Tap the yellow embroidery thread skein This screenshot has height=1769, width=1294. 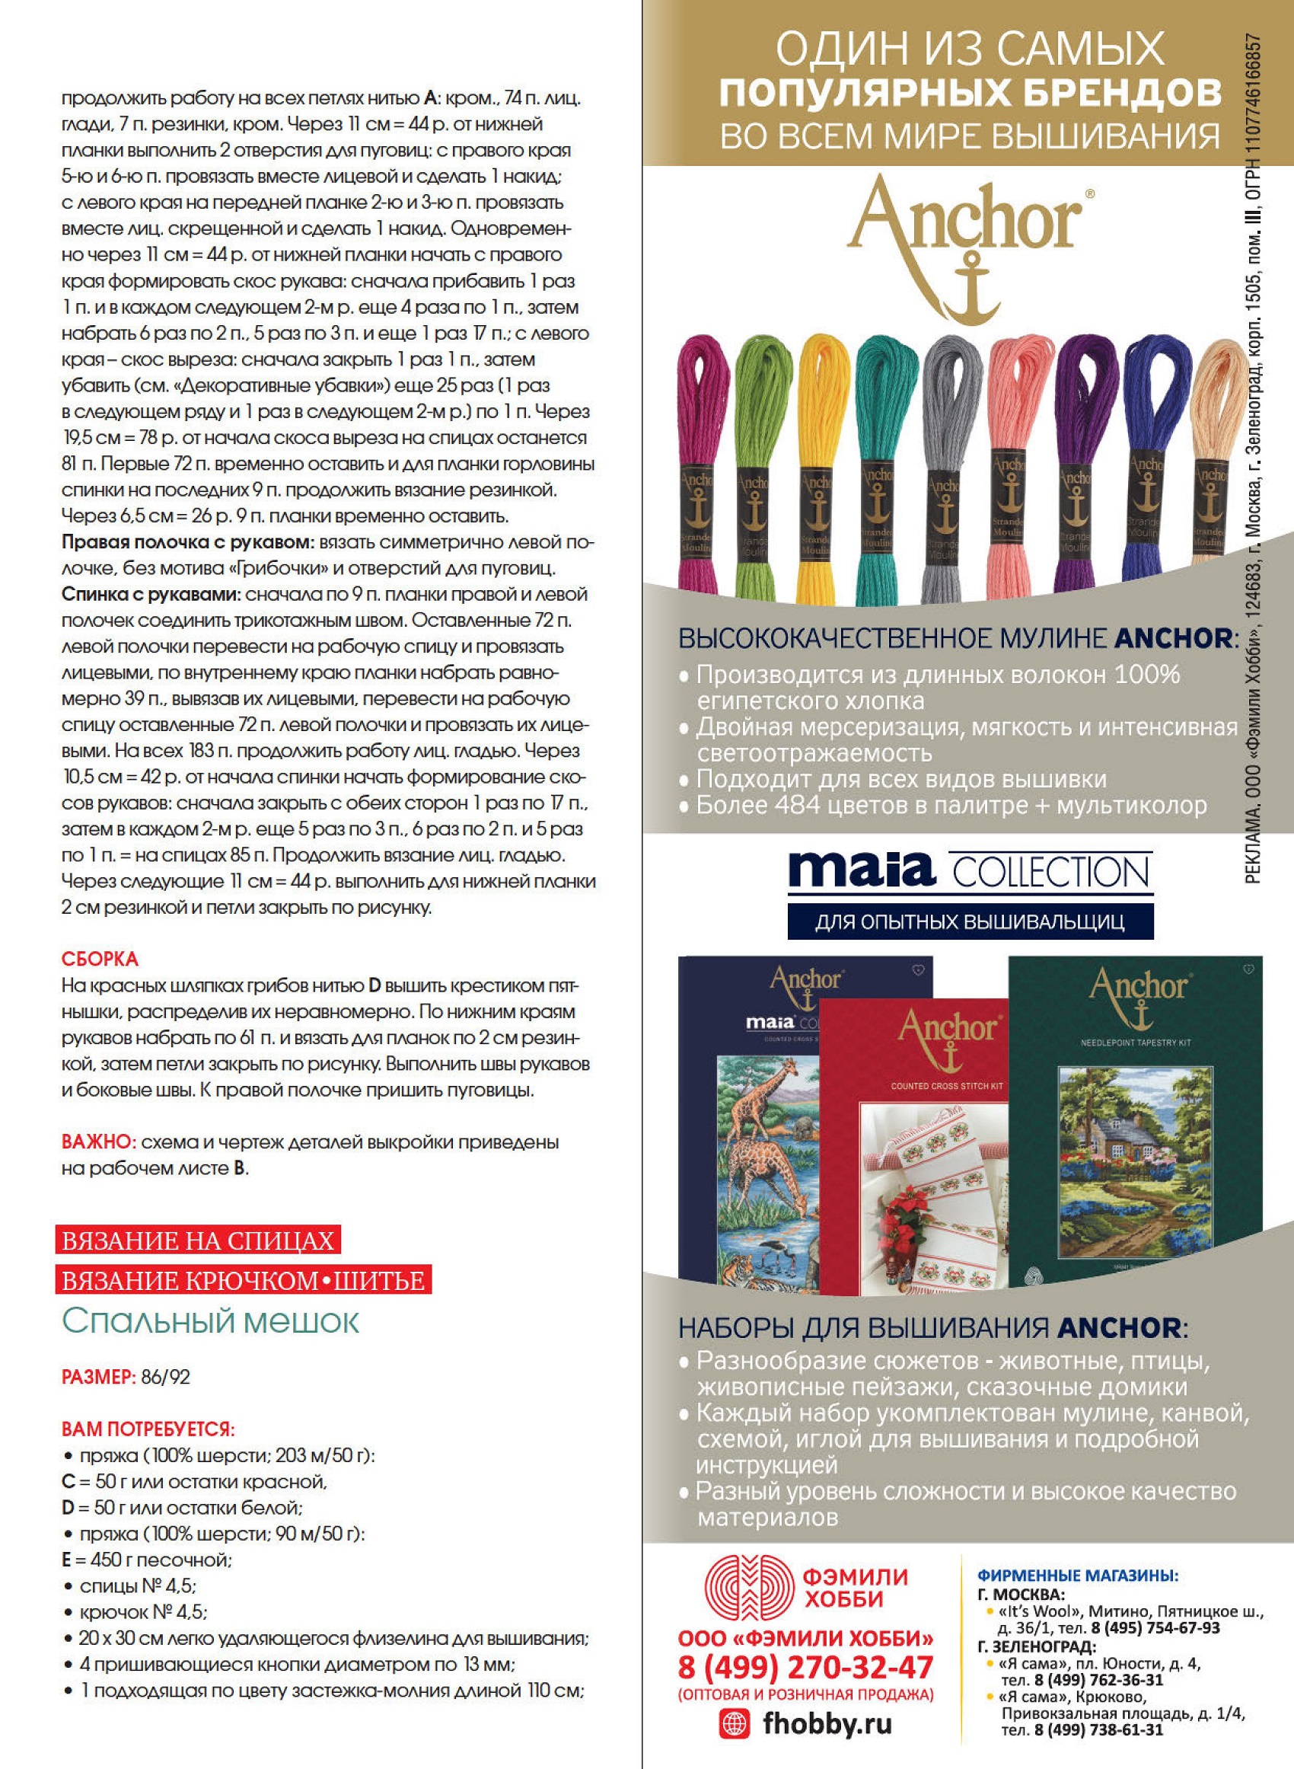[818, 455]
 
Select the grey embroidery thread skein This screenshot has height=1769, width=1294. [948, 455]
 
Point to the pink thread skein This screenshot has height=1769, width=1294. [1012, 455]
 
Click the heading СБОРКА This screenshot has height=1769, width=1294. [100, 959]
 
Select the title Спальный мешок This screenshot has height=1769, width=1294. [210, 1321]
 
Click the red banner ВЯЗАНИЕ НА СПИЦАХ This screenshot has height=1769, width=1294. [198, 1241]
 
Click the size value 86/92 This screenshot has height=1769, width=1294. [166, 1378]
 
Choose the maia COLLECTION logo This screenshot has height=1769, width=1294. [970, 871]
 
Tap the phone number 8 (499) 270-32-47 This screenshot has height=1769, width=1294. [805, 1666]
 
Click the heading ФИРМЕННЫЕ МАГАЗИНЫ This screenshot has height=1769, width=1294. [1077, 1576]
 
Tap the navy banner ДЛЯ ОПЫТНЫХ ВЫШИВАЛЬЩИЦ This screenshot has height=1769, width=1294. [970, 921]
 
